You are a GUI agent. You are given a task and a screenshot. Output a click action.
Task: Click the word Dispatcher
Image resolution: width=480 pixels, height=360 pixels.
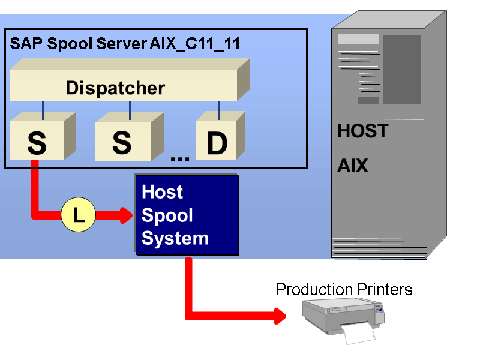pos(115,88)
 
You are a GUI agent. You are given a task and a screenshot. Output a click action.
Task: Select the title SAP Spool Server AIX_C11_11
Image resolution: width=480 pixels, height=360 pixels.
pos(125,43)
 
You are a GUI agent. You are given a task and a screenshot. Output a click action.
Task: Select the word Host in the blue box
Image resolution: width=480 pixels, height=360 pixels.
pos(162,192)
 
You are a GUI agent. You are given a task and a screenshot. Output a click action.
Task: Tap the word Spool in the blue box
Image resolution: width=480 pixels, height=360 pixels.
pos(167,215)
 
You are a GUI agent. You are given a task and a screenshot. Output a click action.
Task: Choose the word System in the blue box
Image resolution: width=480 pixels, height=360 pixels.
pos(175,238)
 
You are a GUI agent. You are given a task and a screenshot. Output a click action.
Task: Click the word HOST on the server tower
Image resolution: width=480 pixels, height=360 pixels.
pos(362,131)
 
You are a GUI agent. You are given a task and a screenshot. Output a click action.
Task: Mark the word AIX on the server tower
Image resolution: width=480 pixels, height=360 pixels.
pos(352,166)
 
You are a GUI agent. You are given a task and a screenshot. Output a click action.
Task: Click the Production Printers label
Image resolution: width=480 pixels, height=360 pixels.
pos(344,290)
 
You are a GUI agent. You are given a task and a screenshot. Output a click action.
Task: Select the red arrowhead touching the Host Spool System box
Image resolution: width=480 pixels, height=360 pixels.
pos(125,215)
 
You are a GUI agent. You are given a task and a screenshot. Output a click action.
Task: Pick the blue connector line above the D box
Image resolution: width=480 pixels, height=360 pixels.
pos(218,110)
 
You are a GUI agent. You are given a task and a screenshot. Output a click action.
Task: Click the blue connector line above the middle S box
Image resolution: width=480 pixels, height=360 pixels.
pos(130,110)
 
